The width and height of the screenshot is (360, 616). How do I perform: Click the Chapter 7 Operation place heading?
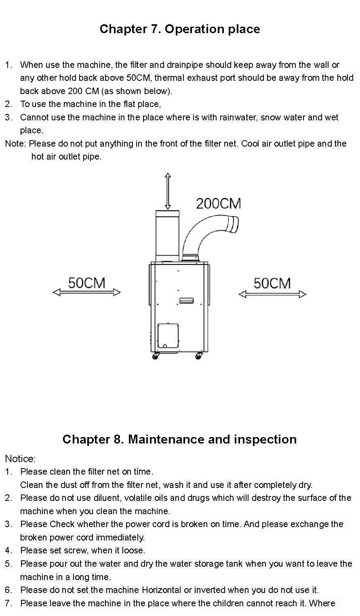pyautogui.click(x=179, y=29)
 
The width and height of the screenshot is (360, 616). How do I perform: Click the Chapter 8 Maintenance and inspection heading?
pyautogui.click(x=179, y=439)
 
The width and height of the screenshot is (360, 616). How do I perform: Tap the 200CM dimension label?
pyautogui.click(x=219, y=204)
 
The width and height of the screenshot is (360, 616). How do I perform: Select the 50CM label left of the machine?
pyautogui.click(x=86, y=283)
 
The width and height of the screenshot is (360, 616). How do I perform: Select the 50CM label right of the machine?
pyautogui.click(x=272, y=284)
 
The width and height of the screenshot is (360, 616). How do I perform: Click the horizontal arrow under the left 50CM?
pyautogui.click(x=86, y=292)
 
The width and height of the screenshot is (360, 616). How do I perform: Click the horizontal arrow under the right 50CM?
pyautogui.click(x=272, y=294)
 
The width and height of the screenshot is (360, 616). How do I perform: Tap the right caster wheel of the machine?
pyautogui.click(x=198, y=356)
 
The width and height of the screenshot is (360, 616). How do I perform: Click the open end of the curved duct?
pyautogui.click(x=233, y=225)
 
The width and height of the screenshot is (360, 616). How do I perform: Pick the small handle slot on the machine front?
pyautogui.click(x=186, y=301)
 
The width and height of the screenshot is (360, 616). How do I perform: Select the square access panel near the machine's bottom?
pyautogui.click(x=168, y=336)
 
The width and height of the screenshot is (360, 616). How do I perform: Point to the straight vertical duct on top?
pyautogui.click(x=168, y=236)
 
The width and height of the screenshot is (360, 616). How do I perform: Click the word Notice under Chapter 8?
pyautogui.click(x=20, y=459)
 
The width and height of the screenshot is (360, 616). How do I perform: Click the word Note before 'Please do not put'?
pyautogui.click(x=15, y=143)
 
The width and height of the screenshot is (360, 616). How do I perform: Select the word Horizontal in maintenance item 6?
pyautogui.click(x=162, y=590)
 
